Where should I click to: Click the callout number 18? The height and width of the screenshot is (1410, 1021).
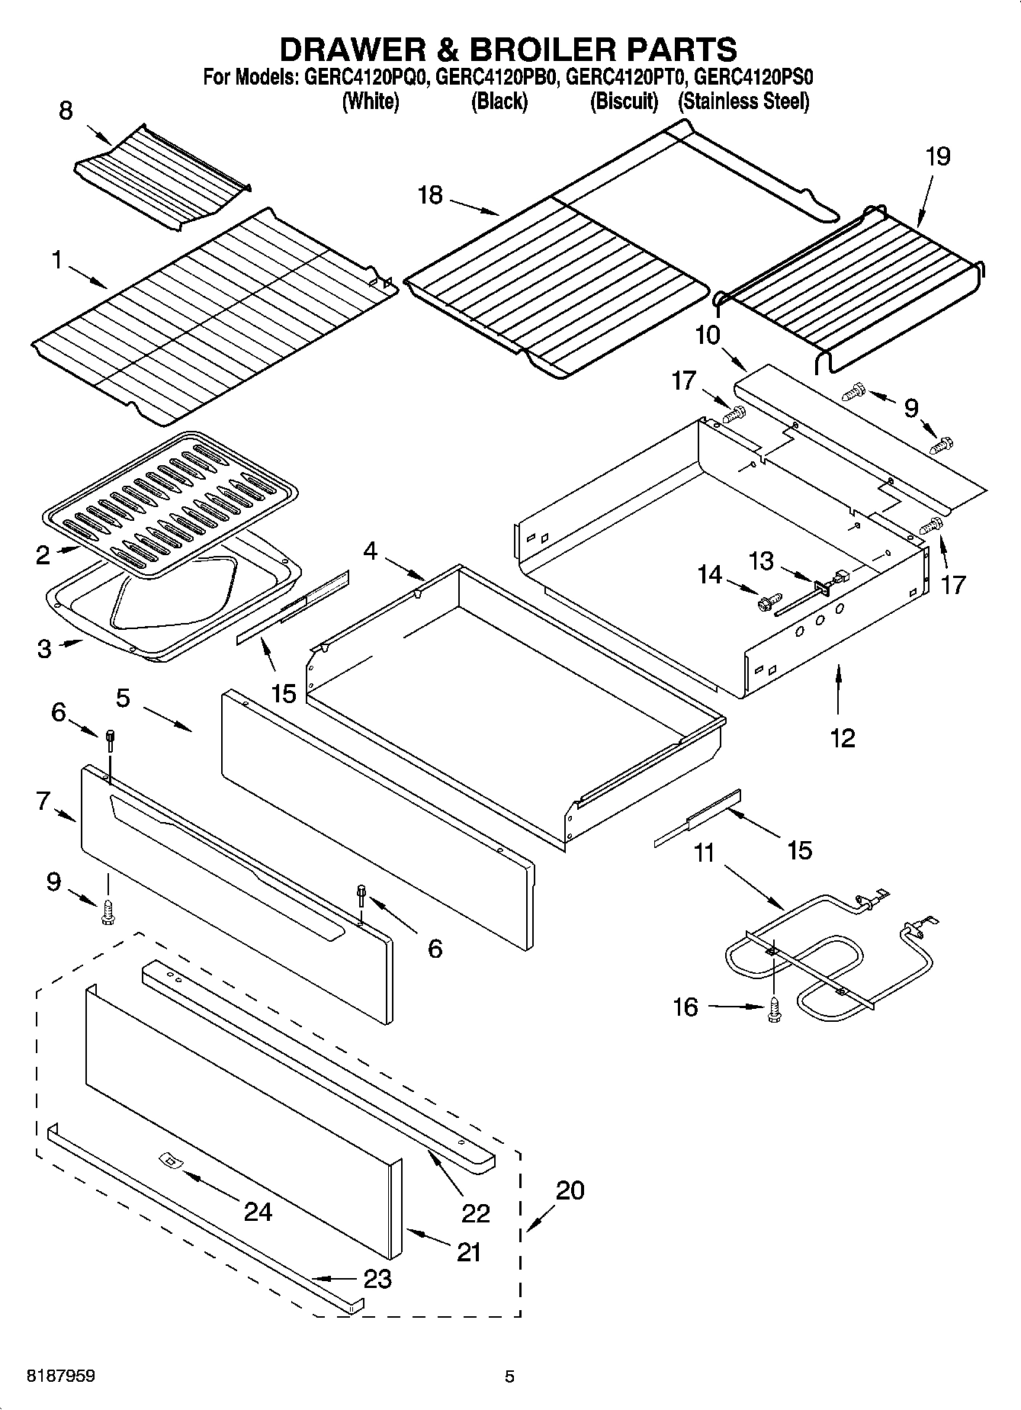coord(430,195)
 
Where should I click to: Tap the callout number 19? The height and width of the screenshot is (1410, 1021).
coord(938,157)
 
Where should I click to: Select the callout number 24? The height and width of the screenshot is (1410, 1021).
coord(258,1211)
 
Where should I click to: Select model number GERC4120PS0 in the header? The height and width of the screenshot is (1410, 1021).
coord(755,77)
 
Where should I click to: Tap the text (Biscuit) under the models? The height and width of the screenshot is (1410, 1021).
coord(624,101)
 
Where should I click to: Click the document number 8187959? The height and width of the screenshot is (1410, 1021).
coord(50,1376)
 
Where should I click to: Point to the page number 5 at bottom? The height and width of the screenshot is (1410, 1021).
coord(509,1376)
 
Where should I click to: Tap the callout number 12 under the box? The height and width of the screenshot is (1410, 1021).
coord(843,737)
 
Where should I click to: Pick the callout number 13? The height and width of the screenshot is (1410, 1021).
coord(761,561)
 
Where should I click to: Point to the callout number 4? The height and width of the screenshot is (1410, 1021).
coord(370,551)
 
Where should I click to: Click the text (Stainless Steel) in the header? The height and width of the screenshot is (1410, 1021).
coord(743,101)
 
